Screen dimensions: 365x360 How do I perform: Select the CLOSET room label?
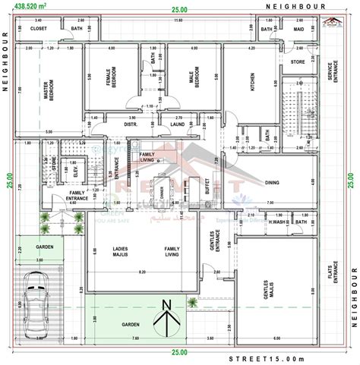click(x=39, y=29)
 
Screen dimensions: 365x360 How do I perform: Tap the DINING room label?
click(x=272, y=182)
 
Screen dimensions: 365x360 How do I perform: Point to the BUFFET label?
click(x=207, y=186)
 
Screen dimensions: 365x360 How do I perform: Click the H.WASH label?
click(x=277, y=222)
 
